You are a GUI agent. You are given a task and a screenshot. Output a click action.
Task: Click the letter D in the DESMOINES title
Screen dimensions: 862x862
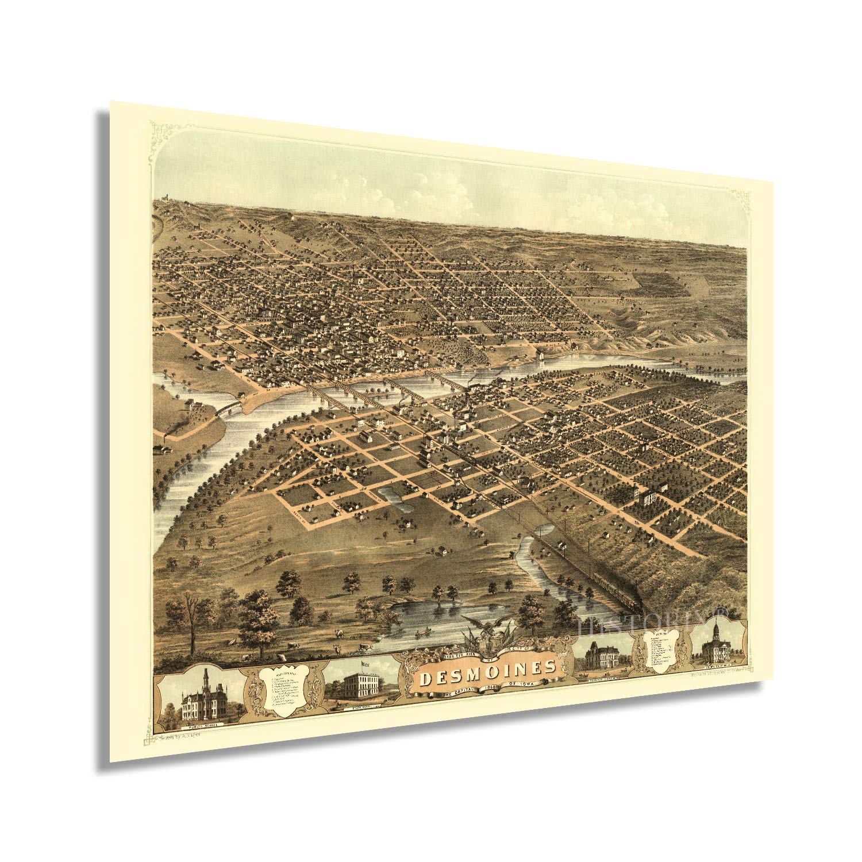point(426,680)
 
